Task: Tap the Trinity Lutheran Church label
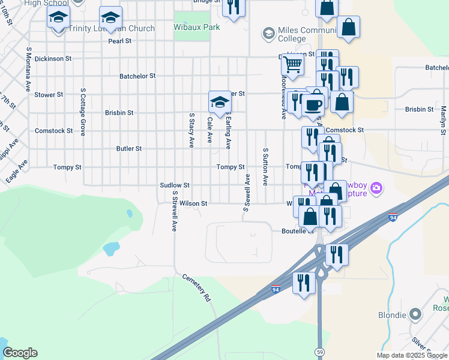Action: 111,28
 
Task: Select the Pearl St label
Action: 119,41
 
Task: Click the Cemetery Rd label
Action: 199,288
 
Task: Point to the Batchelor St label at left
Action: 137,76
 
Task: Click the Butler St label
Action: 129,148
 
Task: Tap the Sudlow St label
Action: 175,185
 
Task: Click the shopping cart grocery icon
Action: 292,64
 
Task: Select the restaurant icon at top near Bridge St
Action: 233,6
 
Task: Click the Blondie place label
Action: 393,314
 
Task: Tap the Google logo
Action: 19,353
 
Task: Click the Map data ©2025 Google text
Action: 412,355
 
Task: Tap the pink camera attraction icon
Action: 376,188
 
